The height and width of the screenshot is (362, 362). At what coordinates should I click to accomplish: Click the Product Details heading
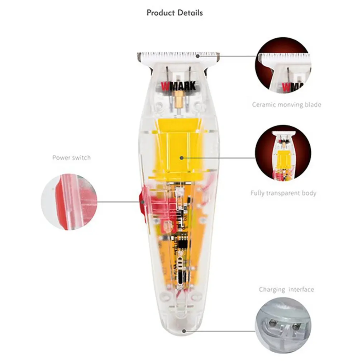[175, 13]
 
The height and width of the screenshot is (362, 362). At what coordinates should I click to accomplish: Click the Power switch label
[71, 157]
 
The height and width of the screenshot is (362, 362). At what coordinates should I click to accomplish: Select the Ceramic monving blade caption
[286, 105]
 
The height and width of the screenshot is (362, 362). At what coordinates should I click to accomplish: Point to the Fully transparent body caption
[283, 193]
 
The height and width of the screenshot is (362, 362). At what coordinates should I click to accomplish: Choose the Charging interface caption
[286, 289]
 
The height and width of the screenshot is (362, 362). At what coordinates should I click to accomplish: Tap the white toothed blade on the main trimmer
[178, 56]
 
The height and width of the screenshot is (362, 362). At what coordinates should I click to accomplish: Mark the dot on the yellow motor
[182, 157]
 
